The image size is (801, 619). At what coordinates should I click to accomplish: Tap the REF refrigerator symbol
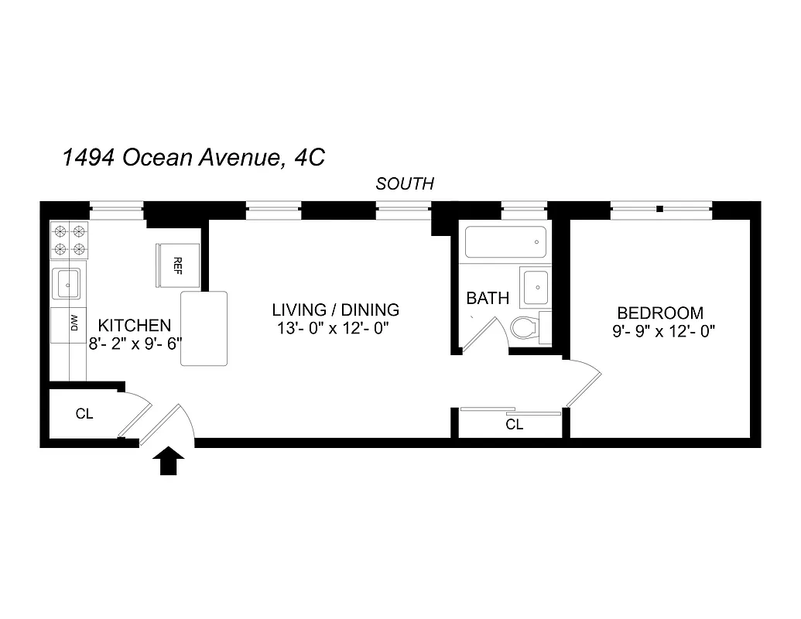(178, 265)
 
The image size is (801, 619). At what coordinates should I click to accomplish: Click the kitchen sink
(68, 284)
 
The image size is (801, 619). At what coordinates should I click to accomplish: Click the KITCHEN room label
(134, 325)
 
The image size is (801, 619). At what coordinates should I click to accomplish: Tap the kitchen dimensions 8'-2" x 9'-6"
(135, 343)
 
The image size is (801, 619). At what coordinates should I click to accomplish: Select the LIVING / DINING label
(335, 310)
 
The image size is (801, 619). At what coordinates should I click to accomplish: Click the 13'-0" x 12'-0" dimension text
(332, 328)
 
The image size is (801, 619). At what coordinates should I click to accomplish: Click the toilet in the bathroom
(527, 328)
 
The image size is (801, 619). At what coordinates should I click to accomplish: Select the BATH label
(488, 299)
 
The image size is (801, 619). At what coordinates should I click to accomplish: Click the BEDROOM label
(660, 313)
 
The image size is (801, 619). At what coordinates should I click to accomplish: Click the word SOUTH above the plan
(405, 184)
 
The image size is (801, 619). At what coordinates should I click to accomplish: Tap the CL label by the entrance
(84, 414)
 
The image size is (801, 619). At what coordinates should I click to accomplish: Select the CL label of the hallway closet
(514, 425)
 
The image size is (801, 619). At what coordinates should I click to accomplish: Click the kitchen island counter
(204, 328)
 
